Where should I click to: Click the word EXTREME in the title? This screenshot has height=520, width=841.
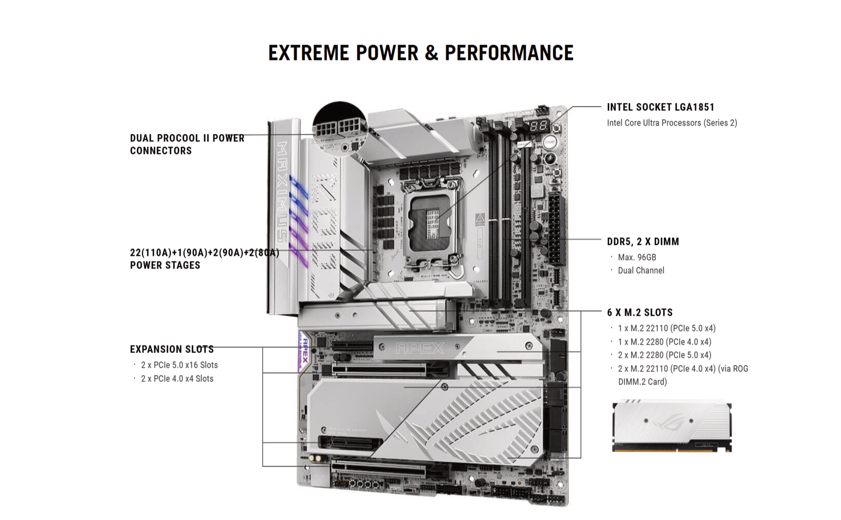pos(309,53)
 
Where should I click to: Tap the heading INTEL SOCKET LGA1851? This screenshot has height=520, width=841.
pos(660,107)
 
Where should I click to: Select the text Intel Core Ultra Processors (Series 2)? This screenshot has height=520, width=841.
pos(672,123)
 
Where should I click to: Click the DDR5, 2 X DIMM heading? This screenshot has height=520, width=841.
pos(643,242)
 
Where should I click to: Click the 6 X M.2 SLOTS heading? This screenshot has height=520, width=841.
pos(640,313)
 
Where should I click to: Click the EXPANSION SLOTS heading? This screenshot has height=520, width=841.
pos(171,349)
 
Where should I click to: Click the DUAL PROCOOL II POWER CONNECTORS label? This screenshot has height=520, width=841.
pos(187,144)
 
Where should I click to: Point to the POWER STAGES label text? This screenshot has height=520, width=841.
pos(165,265)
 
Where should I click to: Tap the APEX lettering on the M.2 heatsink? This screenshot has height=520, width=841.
pos(420,349)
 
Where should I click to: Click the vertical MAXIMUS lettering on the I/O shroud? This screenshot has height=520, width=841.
pos(282,191)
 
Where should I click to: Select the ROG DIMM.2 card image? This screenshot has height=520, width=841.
pos(672,426)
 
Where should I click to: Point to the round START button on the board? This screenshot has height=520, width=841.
pos(549,142)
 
